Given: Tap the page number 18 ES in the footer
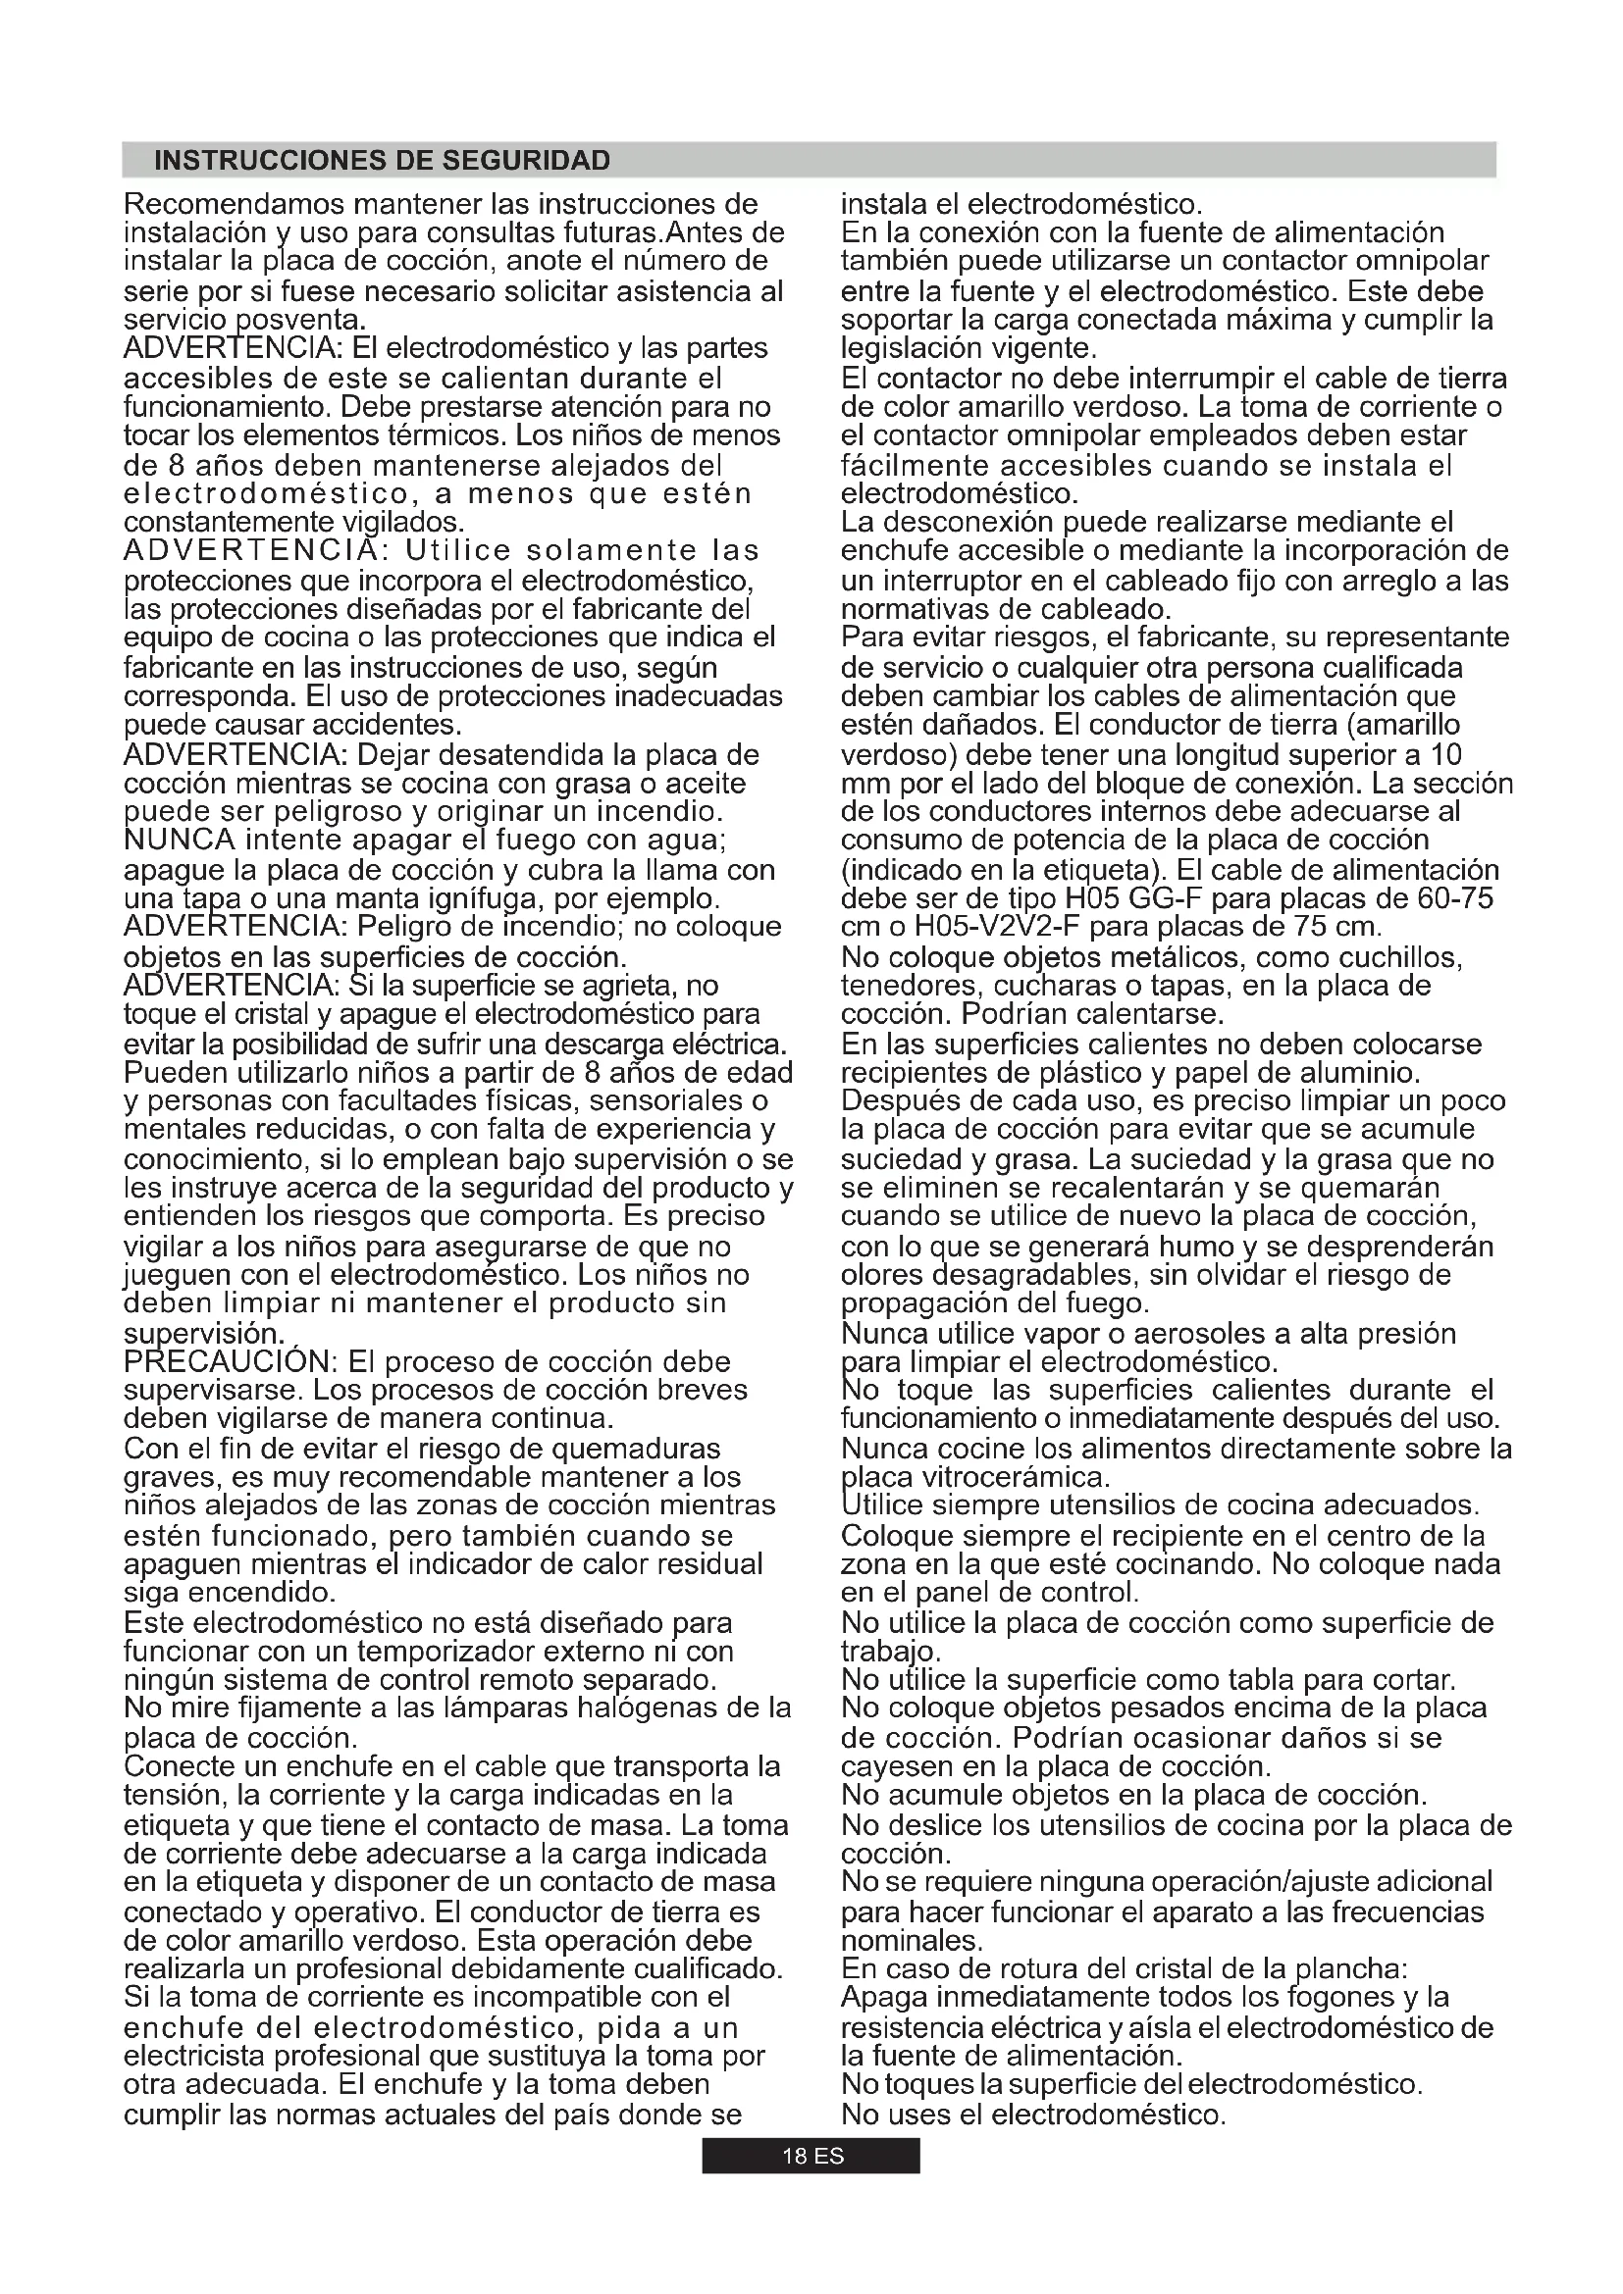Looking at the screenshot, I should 811,2156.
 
